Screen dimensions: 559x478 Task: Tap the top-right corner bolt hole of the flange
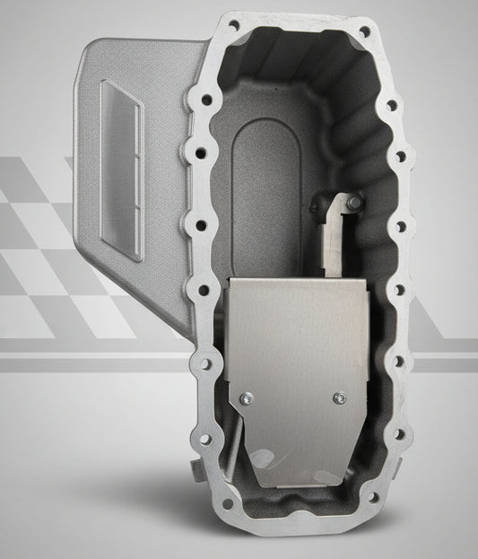(362, 32)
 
